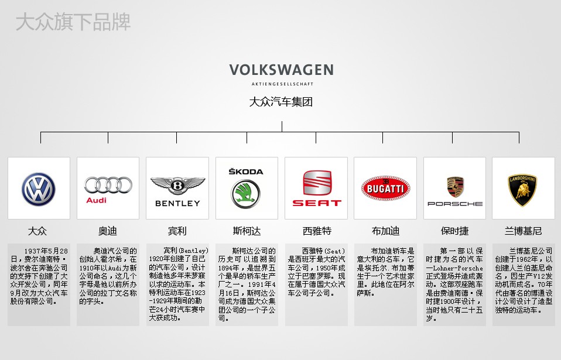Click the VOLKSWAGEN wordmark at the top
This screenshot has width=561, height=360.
[x=282, y=70]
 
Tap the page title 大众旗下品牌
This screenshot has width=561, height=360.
[x=73, y=22]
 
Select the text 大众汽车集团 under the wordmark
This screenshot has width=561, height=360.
[x=281, y=102]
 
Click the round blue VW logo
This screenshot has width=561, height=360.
[x=39, y=189]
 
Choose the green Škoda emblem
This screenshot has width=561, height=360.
[x=246, y=194]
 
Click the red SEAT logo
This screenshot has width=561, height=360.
[x=317, y=188]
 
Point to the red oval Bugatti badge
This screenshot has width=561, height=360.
[x=385, y=188]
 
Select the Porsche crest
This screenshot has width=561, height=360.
[x=455, y=187]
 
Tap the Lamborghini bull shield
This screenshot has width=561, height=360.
[x=523, y=190]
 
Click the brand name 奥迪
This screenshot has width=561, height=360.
[x=108, y=231]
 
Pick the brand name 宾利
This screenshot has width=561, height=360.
[x=177, y=231]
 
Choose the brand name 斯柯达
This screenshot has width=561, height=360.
[x=247, y=231]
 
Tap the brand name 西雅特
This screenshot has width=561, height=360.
[x=317, y=231]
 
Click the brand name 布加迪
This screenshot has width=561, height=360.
[x=386, y=231]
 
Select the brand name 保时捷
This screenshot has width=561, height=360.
[x=455, y=231]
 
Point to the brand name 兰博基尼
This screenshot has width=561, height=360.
[x=523, y=231]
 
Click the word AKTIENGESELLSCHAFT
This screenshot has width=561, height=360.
[x=282, y=84]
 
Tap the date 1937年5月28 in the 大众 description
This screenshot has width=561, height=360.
[x=46, y=251]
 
